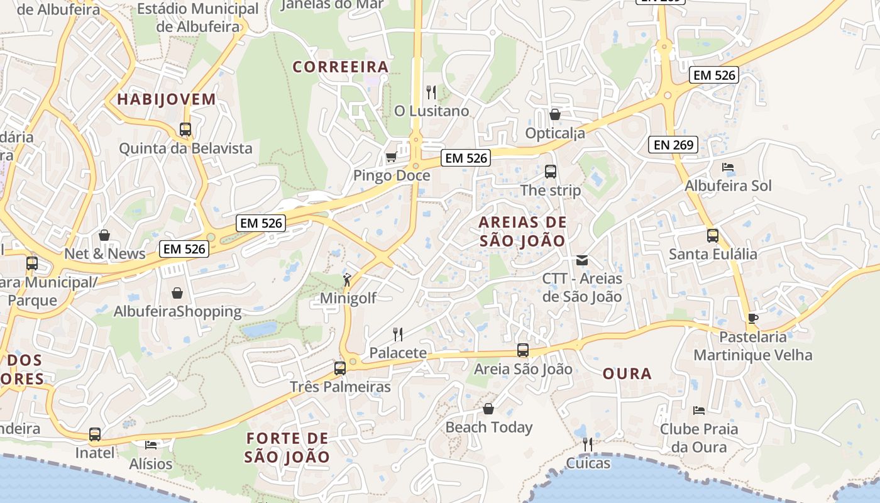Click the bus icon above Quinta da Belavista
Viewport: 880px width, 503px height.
[x=185, y=130]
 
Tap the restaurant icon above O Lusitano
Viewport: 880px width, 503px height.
[x=431, y=92]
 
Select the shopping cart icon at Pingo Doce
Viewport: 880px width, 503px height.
[x=391, y=157]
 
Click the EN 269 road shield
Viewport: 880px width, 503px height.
[x=674, y=145]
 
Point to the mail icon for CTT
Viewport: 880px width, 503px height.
[x=582, y=260]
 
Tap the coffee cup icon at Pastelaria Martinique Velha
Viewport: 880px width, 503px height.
[x=753, y=318]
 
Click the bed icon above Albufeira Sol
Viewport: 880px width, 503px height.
[x=728, y=167]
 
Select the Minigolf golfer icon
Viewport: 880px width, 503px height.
[x=347, y=279]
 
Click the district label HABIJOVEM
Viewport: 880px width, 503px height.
[x=167, y=99]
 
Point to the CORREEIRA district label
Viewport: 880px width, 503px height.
[x=341, y=67]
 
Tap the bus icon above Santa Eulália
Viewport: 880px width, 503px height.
[x=712, y=236]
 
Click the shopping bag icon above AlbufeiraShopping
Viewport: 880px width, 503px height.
[x=177, y=293]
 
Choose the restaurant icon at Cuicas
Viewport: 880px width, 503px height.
[x=588, y=445]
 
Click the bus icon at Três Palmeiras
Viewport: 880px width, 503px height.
[x=340, y=368]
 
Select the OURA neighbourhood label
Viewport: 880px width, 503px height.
[x=627, y=373]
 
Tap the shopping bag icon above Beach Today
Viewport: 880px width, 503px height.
[x=488, y=409]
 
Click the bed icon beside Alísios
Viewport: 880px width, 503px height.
[x=151, y=445]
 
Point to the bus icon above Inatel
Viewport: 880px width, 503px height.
[x=95, y=434]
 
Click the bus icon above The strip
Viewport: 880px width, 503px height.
[x=551, y=172]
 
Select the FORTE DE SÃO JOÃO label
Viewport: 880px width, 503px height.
[x=287, y=448]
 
